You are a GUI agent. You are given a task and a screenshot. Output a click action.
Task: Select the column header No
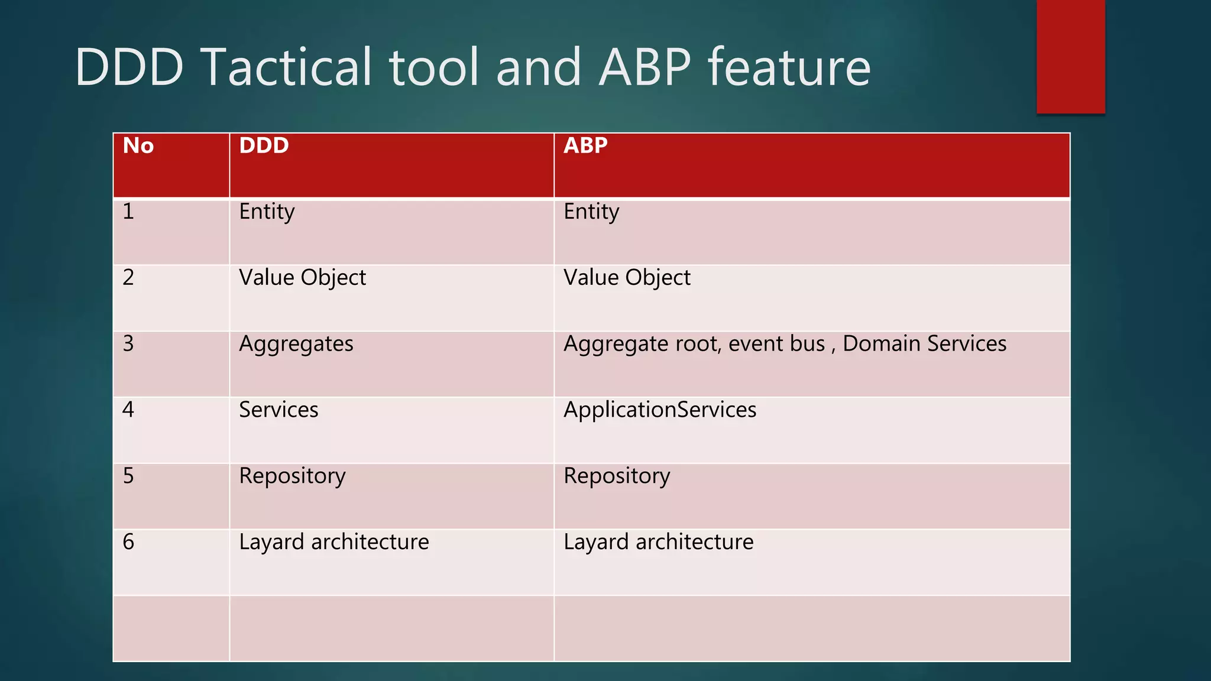pos(138,145)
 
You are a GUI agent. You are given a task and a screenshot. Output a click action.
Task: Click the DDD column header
pos(264,145)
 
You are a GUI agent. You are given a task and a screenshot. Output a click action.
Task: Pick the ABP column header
pos(585,145)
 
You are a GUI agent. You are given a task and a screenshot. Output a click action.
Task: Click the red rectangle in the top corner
pos(1070,56)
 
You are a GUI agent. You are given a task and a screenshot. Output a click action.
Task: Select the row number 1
pos(128,211)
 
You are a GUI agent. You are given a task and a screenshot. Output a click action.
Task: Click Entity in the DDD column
pos(267,212)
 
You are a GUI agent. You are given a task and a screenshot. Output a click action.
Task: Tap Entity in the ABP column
pos(591,212)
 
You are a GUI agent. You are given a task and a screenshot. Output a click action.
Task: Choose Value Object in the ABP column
pos(627,278)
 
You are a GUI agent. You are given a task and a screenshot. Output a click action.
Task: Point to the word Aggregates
pos(296,344)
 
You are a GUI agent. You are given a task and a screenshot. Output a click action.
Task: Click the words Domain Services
pos(924,343)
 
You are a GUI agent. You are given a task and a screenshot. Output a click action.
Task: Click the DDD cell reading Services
pos(279,410)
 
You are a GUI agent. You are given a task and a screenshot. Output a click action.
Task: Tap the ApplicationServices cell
pos(660,410)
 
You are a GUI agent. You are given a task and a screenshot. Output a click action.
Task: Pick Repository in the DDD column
pos(292,476)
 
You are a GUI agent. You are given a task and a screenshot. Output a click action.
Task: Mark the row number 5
pos(128,476)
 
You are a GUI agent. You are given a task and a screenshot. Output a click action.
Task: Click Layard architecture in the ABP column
pos(658,542)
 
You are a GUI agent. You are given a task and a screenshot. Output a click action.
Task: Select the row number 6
pos(128,542)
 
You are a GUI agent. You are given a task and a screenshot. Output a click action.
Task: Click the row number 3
pos(128,343)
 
